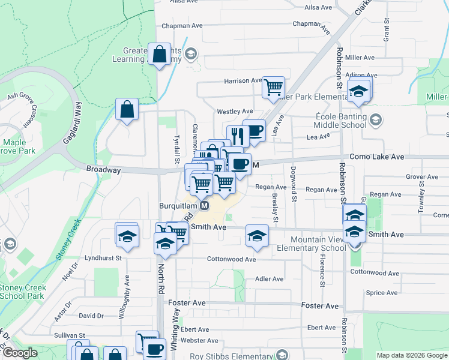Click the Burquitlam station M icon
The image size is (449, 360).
tap(204, 206)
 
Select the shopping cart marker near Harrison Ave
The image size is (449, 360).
tap(273, 87)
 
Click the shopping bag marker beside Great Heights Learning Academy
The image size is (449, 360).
tap(159, 55)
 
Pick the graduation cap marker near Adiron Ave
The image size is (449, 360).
tap(359, 91)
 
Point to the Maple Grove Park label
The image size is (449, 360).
tap(19, 147)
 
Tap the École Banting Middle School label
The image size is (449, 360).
tap(340, 121)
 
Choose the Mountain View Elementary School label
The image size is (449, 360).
tap(312, 244)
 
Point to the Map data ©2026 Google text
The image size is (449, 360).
tap(412, 355)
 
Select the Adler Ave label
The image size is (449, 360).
tap(269, 279)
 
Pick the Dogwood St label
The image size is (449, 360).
tap(294, 184)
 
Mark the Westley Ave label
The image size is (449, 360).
tap(235, 112)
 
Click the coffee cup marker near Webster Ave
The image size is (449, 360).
tap(155, 349)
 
